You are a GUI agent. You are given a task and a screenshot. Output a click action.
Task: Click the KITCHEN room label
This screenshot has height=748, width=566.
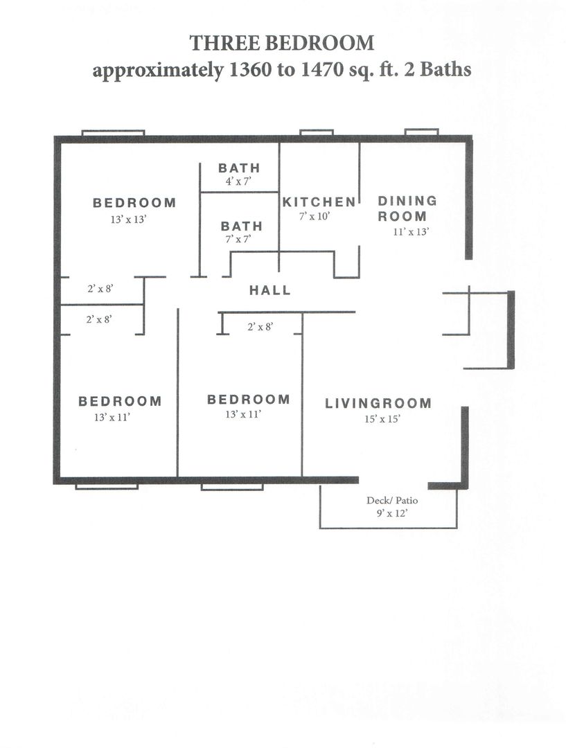[x=319, y=202]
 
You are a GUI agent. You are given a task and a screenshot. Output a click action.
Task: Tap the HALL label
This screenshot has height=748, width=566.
[x=270, y=290]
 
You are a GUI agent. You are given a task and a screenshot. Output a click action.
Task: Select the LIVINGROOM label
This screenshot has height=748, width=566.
[x=378, y=403]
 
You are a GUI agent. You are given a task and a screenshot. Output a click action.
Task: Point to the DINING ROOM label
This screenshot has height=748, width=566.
[x=407, y=208]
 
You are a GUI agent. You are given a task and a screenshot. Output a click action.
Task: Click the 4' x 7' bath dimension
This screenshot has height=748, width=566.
[x=238, y=181]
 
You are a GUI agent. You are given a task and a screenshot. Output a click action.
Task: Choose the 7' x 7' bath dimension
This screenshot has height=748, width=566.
[x=238, y=239]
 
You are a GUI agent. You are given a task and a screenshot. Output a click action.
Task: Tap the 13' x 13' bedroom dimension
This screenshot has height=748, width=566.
[x=127, y=220]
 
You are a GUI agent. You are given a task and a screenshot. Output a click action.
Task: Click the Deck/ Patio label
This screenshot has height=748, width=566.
[x=392, y=501]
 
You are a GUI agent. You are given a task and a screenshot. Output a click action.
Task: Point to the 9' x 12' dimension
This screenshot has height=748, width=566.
[x=392, y=513]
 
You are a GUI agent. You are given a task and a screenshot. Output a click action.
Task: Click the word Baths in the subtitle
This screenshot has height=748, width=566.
[x=445, y=70]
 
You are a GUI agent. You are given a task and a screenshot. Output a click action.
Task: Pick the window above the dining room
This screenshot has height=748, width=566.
[x=421, y=132]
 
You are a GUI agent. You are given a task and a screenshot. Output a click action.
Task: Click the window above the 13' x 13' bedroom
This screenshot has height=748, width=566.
[x=113, y=132]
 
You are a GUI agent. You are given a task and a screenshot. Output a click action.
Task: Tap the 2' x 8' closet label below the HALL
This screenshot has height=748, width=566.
[x=260, y=327]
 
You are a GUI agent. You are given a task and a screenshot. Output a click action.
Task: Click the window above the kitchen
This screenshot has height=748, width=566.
[x=317, y=132]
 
